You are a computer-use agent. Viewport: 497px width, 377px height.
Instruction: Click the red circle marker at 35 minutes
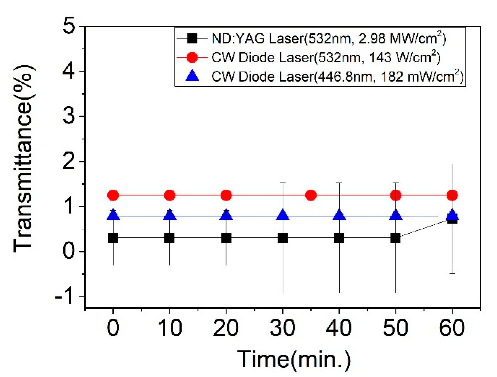311,196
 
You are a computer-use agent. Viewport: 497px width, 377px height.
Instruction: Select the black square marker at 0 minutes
113,238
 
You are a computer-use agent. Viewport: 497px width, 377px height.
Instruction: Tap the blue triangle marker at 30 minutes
283,215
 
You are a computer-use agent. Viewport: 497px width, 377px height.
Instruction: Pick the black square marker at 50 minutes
395,238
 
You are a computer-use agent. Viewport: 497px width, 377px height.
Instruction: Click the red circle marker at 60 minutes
452,196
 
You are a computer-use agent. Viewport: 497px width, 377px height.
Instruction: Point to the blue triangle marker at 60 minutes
452,214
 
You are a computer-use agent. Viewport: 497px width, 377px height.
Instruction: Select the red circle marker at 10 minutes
170,196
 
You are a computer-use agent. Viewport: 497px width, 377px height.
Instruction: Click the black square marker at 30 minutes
283,238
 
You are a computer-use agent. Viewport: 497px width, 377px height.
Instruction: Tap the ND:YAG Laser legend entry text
329,39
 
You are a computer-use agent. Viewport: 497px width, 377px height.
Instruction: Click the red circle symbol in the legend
192,57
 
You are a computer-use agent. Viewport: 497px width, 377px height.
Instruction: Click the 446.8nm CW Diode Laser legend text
337,77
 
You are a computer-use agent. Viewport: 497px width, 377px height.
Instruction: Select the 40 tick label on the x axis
339,328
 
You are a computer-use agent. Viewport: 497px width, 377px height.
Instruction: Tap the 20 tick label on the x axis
226,328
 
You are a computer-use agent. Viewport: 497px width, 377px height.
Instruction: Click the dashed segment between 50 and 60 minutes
424,228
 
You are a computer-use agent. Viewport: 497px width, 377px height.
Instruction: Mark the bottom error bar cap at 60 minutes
452,273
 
